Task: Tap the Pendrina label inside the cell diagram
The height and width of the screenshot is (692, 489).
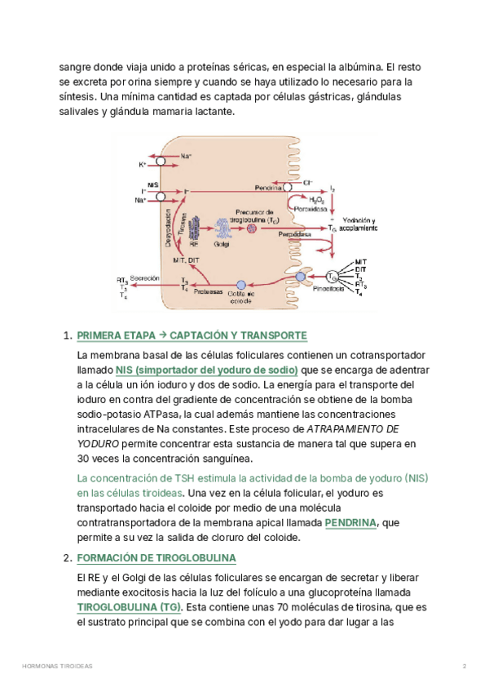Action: point(267,189)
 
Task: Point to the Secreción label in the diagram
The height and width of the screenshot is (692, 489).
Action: point(143,277)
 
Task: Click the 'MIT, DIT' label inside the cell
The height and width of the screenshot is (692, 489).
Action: point(187,259)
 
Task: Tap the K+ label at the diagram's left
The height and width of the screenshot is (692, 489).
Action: point(143,164)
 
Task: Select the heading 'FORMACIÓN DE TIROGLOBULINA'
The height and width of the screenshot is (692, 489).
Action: point(156,558)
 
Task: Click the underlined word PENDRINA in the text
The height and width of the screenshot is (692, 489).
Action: point(350,522)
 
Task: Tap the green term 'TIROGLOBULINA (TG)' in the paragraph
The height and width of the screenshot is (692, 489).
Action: point(129,607)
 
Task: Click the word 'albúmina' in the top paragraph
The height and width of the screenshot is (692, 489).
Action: point(356,66)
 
